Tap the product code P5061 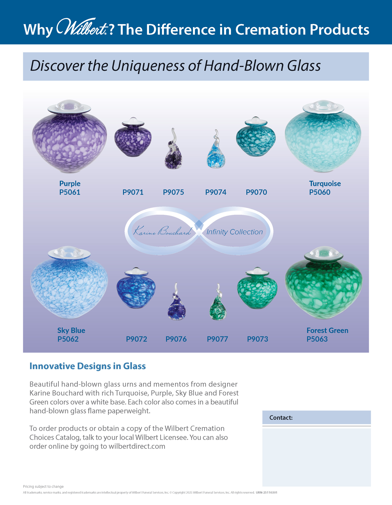pos(70,192)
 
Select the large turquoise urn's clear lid pos(323,106)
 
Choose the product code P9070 pos(256,192)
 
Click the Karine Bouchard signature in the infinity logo pos(163,231)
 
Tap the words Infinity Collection pos(235,232)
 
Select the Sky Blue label pos(71,330)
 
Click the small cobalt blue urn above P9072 pos(136,288)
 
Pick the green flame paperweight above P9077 pos(218,302)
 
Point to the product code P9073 pos(258,339)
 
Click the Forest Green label pos(327,330)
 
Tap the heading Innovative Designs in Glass pos(88,366)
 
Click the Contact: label pos(281,418)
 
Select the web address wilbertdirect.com pos(137,446)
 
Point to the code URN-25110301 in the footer pos(267,492)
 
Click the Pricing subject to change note pos(43,486)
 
